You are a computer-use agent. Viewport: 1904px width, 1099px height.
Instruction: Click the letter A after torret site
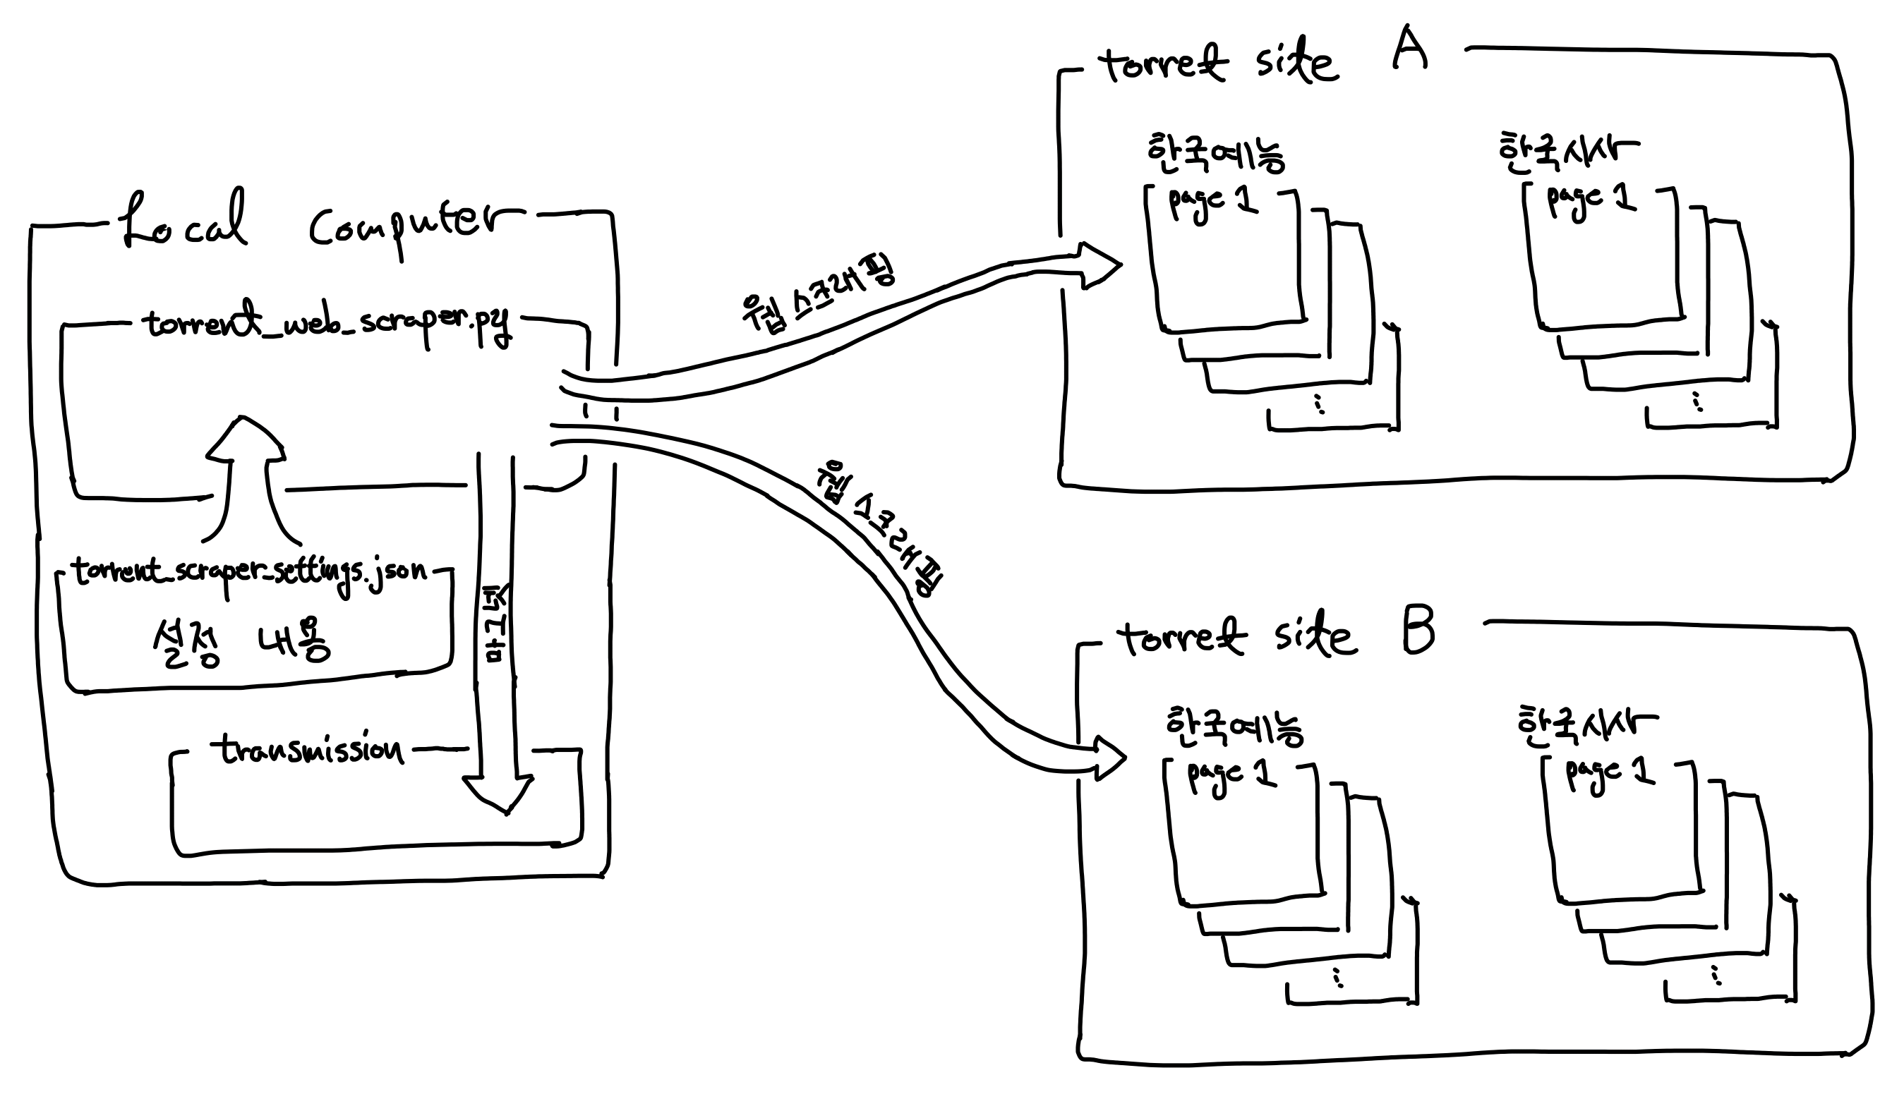click(1409, 49)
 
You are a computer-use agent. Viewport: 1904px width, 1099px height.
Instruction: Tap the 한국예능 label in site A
click(1215, 154)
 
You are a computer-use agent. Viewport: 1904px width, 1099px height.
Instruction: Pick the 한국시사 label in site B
click(1586, 725)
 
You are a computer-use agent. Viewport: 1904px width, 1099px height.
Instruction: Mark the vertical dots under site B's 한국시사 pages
click(1716, 976)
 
